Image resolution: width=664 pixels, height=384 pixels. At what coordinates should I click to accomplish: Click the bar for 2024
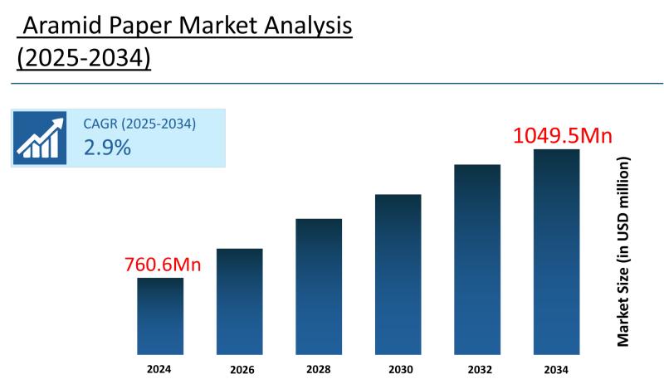click(160, 316)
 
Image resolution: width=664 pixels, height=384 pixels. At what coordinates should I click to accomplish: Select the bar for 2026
click(240, 301)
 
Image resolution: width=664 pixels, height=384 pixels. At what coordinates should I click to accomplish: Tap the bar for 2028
click(319, 286)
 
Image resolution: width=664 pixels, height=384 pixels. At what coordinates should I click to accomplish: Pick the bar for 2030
click(398, 275)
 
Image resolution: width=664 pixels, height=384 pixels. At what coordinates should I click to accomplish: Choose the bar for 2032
click(477, 260)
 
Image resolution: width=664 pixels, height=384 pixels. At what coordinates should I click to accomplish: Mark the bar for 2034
click(556, 251)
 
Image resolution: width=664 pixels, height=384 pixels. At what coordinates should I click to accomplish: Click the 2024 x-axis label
click(160, 368)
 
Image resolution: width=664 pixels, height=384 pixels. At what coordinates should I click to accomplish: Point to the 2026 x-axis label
click(240, 369)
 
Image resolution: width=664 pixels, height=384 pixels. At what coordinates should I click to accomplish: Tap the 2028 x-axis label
click(319, 368)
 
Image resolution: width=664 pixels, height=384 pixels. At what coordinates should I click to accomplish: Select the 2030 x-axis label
click(398, 368)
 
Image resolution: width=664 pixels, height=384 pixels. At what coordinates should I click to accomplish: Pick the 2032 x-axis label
click(477, 368)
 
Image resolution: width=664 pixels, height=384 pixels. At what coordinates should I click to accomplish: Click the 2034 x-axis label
click(556, 368)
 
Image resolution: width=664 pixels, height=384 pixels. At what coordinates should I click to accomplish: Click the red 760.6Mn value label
click(164, 265)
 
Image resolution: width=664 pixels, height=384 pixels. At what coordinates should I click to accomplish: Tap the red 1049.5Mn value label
click(563, 135)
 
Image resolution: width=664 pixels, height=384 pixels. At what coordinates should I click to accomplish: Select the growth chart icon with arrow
click(41, 138)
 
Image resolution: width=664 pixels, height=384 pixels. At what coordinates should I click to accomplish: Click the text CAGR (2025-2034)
click(139, 124)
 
